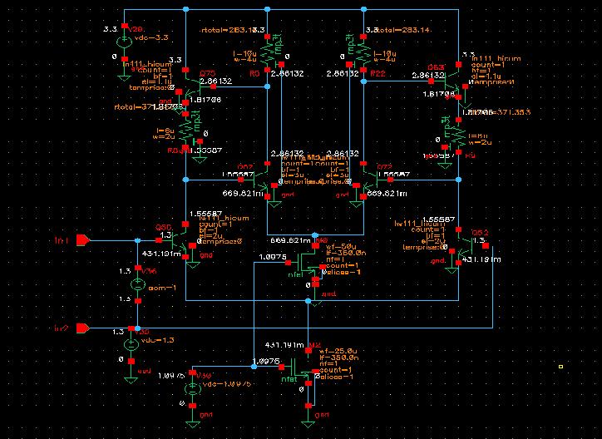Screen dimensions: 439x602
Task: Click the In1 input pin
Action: [x=83, y=241]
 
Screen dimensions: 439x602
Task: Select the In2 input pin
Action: [x=83, y=328]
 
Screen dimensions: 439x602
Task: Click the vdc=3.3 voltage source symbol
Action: [x=123, y=41]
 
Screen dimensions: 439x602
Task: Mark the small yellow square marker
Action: [x=561, y=365]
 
